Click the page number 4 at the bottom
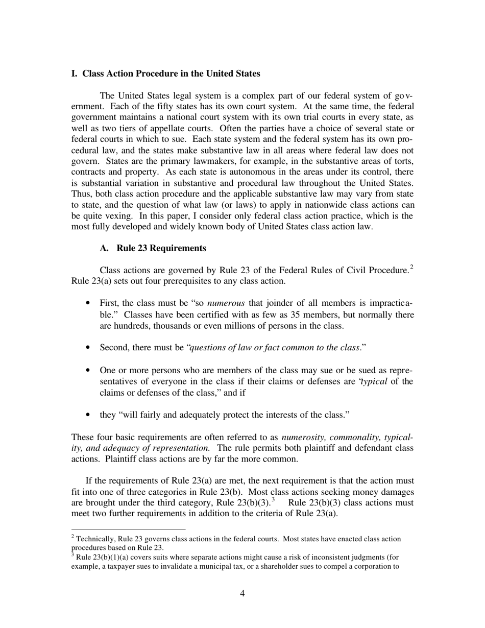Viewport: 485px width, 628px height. tap(242, 593)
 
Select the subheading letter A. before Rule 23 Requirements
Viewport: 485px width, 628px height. tap(105, 248)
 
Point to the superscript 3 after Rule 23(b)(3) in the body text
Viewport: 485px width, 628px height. tap(274, 499)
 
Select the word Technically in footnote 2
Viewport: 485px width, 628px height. tap(96, 539)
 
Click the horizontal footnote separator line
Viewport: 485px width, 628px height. tap(128, 529)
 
